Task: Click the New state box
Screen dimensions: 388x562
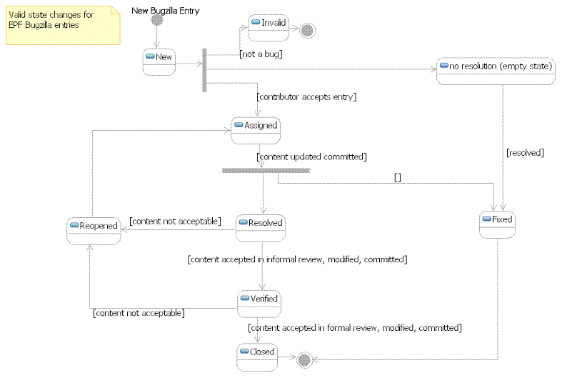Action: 159,61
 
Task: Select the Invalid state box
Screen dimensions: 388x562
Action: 268,27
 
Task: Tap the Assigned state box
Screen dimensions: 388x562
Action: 255,129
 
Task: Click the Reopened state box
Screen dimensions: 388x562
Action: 92,230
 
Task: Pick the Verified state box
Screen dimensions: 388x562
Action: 258,302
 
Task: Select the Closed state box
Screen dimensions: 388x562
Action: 257,356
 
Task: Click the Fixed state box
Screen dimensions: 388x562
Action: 497,224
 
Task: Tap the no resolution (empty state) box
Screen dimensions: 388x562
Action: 496,71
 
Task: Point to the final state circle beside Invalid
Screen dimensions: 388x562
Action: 307,30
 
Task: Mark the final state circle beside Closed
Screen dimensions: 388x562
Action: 303,358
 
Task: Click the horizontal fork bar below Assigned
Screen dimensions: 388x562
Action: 266,170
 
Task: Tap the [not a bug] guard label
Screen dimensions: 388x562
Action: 261,54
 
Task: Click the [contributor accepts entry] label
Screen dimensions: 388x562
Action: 306,96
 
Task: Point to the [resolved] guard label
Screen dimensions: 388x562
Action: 525,152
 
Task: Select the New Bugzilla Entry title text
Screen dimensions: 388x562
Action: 166,10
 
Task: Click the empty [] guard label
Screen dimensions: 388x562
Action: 398,176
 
